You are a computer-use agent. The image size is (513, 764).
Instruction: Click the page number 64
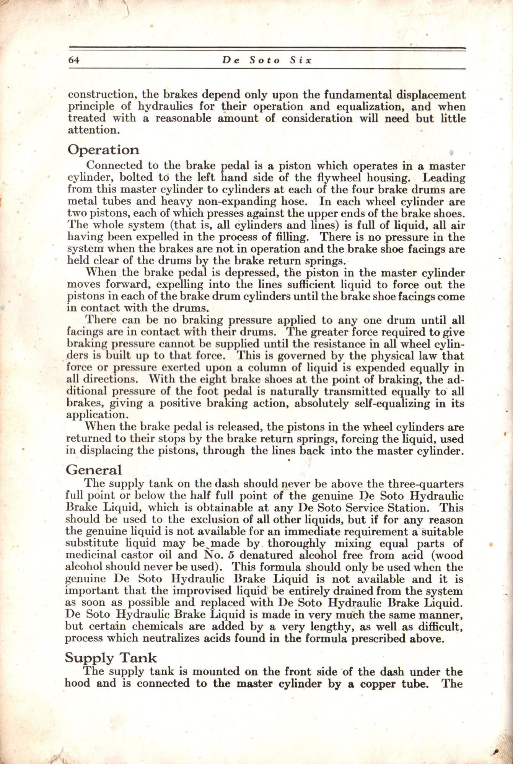[x=73, y=60]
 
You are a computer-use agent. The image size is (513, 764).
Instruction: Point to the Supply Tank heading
[x=111, y=657]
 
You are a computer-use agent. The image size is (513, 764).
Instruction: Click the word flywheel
[x=339, y=178]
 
